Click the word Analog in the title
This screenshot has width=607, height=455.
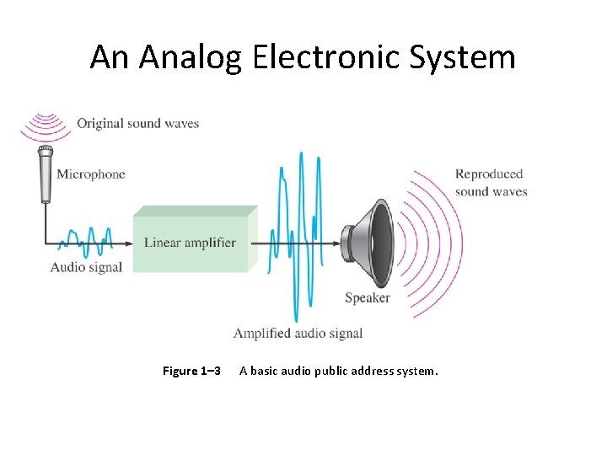pyautogui.click(x=191, y=58)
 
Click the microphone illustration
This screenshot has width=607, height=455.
pyautogui.click(x=45, y=174)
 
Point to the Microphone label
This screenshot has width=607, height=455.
pyautogui.click(x=90, y=174)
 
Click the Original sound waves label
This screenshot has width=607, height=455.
pyautogui.click(x=137, y=124)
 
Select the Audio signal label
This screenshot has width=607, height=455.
pyautogui.click(x=86, y=267)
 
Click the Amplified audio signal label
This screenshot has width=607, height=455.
pyautogui.click(x=298, y=333)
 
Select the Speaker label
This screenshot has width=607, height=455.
pyautogui.click(x=367, y=297)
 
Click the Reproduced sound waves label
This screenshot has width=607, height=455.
pyautogui.click(x=491, y=183)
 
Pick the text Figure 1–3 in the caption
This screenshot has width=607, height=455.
pyautogui.click(x=191, y=372)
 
